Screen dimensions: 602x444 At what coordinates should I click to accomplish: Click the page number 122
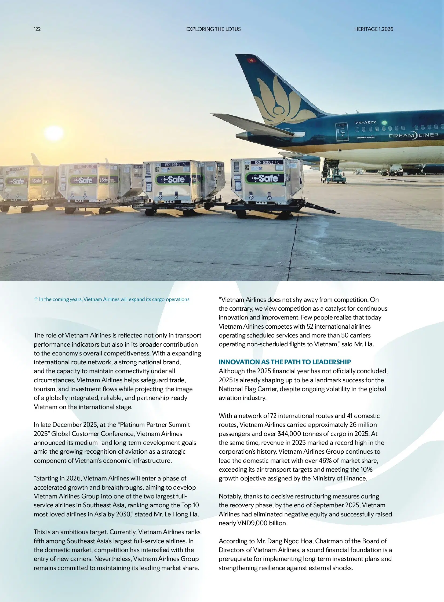pos(37,29)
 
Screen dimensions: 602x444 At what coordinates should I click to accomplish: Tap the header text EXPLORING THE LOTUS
pos(213,29)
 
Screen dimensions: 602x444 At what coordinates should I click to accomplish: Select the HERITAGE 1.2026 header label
pos(373,29)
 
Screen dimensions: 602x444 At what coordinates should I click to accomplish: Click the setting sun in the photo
pos(54,133)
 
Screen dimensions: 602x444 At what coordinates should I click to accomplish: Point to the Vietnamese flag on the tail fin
pos(252,60)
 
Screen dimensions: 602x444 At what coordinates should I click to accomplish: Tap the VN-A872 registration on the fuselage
pos(366,123)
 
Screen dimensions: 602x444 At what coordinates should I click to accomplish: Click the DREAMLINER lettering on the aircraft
pos(413,135)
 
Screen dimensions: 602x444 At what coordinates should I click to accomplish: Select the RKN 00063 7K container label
pos(267,162)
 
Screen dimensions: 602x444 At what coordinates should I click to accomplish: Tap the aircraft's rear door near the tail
pos(342,132)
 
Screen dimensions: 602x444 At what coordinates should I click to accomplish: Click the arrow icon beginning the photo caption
pos(36,299)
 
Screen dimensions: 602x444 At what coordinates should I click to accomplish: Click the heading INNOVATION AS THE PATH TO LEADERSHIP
pos(285,362)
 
